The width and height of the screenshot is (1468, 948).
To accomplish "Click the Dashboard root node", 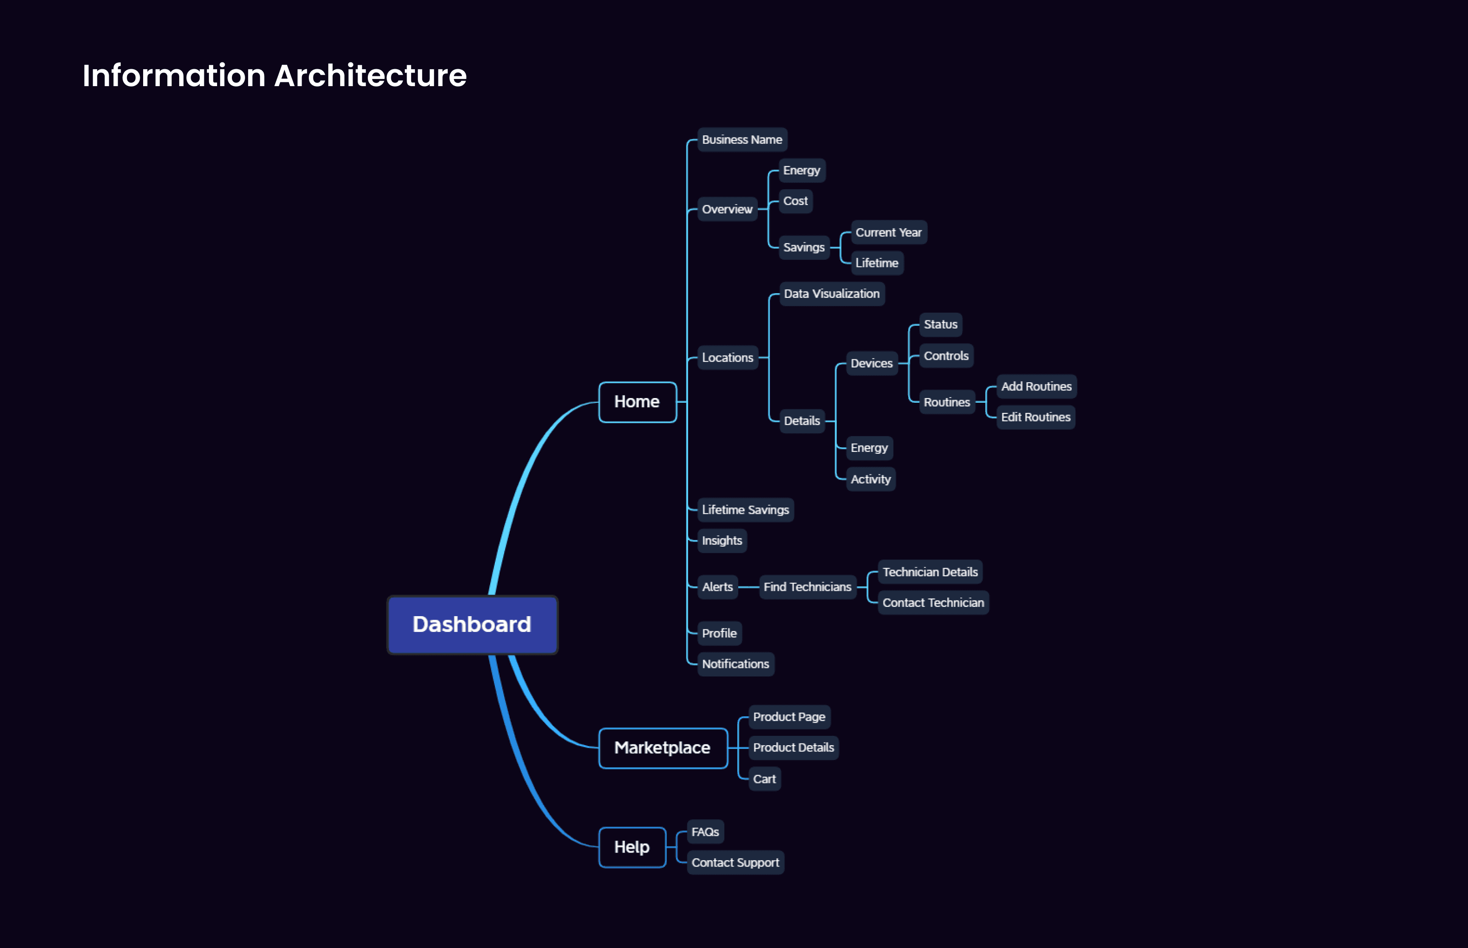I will pos(472,624).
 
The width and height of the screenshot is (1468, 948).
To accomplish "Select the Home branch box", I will pos(637,402).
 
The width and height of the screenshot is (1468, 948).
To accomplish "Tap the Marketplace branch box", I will pos(662,748).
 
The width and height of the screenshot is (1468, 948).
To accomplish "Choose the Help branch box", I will pos(632,847).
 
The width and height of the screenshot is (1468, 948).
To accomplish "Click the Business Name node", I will pos(742,140).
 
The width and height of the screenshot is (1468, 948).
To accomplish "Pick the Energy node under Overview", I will pos(802,171).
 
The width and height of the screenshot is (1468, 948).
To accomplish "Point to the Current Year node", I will pos(888,233).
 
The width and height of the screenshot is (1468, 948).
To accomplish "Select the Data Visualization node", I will pos(832,294).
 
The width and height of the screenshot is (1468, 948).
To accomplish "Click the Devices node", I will pos(871,363).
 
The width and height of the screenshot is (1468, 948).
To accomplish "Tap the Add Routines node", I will pos(1036,387).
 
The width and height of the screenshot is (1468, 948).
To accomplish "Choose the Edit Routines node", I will pos(1036,418).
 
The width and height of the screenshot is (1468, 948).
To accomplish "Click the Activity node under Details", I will pos(870,479).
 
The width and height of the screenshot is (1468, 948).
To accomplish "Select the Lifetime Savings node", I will pos(745,510).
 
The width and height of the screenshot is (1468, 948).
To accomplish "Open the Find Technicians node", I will pos(807,586).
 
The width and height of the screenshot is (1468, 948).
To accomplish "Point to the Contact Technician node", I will pos(933,603).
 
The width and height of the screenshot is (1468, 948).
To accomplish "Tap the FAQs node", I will pos(705,832).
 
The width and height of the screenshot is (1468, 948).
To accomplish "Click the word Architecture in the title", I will pos(370,76).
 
